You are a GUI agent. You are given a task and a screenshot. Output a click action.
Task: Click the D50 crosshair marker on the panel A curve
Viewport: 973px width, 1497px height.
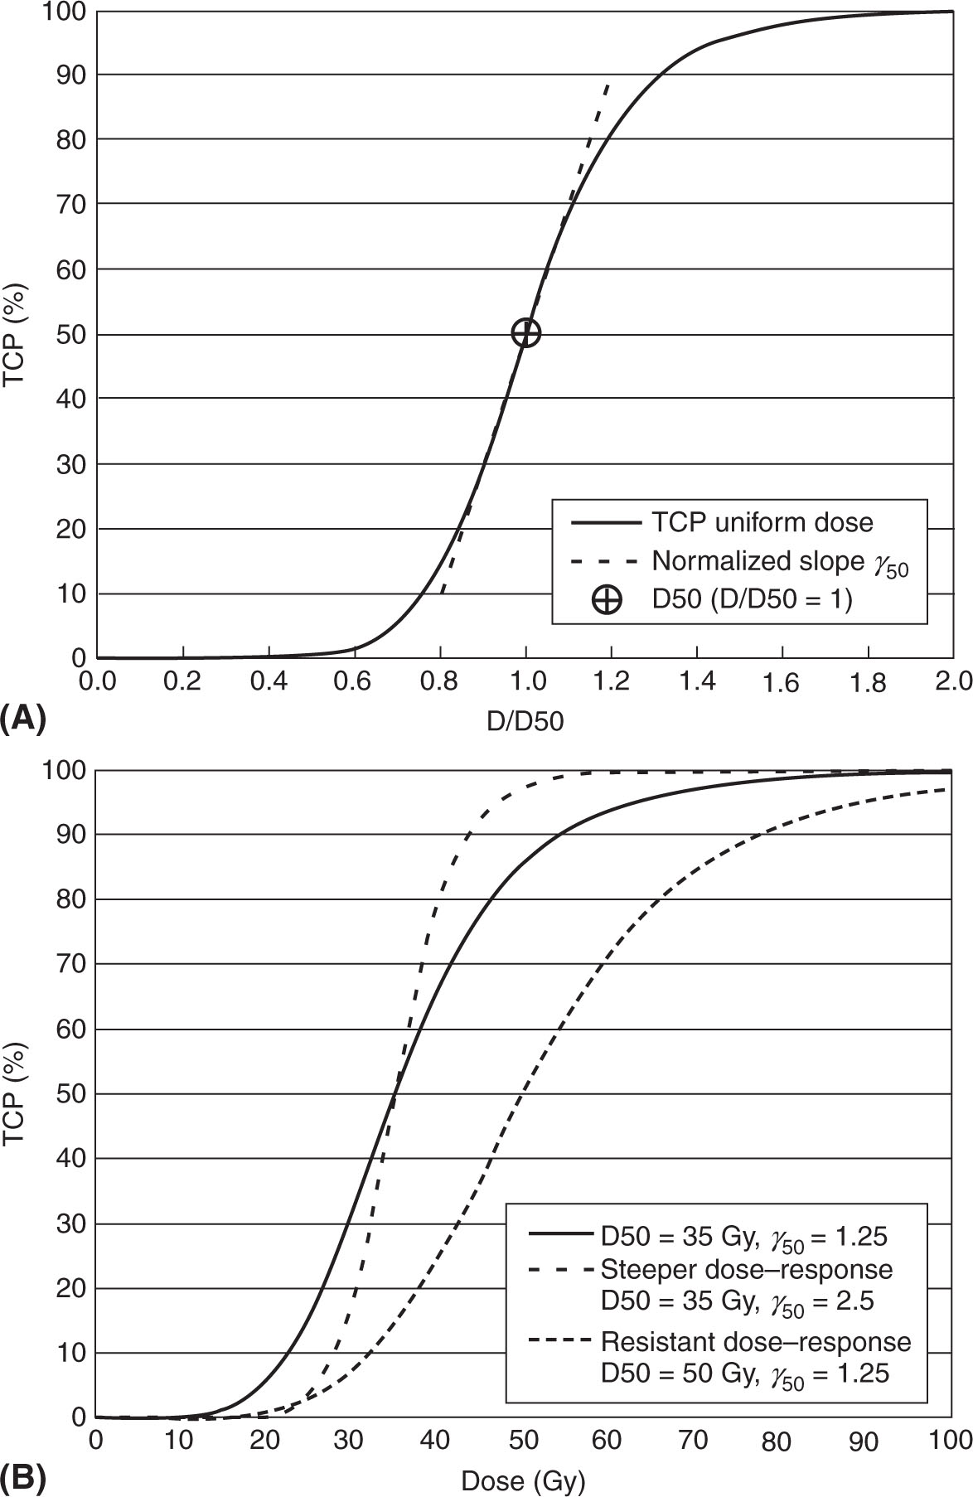click(x=526, y=333)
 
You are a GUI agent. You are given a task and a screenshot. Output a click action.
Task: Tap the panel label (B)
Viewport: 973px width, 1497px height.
click(x=23, y=1477)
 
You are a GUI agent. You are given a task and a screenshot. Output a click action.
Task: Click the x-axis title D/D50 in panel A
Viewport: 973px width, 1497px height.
click(x=525, y=721)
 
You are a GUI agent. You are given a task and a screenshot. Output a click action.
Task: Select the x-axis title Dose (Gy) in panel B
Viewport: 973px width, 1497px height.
click(x=524, y=1480)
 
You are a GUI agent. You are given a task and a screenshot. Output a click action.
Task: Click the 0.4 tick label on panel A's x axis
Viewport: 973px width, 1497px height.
click(x=269, y=682)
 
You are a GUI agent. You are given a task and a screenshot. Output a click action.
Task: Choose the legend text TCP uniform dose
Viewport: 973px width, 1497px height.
click(x=762, y=522)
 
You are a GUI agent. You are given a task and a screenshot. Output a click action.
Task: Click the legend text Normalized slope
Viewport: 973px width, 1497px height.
click(x=758, y=561)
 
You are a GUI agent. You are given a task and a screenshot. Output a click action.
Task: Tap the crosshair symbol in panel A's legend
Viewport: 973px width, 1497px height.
click(x=607, y=599)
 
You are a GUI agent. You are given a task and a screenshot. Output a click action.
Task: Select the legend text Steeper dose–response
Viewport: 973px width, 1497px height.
click(x=747, y=1269)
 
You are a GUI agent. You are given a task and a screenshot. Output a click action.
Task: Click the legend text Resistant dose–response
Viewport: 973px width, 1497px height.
click(x=756, y=1341)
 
